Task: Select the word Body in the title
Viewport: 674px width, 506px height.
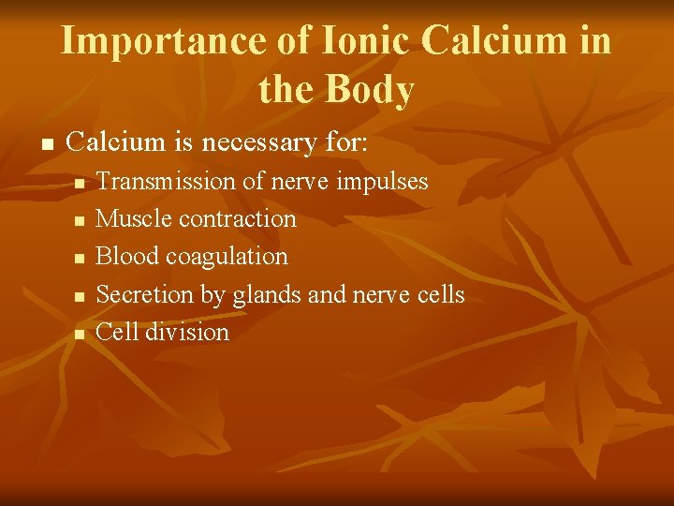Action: [x=373, y=90]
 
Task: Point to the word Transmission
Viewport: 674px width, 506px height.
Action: [x=167, y=181]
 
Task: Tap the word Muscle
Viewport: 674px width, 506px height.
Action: [x=134, y=218]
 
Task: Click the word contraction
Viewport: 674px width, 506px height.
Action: [x=238, y=218]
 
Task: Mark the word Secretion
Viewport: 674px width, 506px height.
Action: [x=145, y=294]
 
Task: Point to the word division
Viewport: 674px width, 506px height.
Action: [x=186, y=332]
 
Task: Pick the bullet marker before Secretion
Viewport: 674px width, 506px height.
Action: [x=81, y=296]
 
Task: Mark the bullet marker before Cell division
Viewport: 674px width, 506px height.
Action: [x=81, y=334]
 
